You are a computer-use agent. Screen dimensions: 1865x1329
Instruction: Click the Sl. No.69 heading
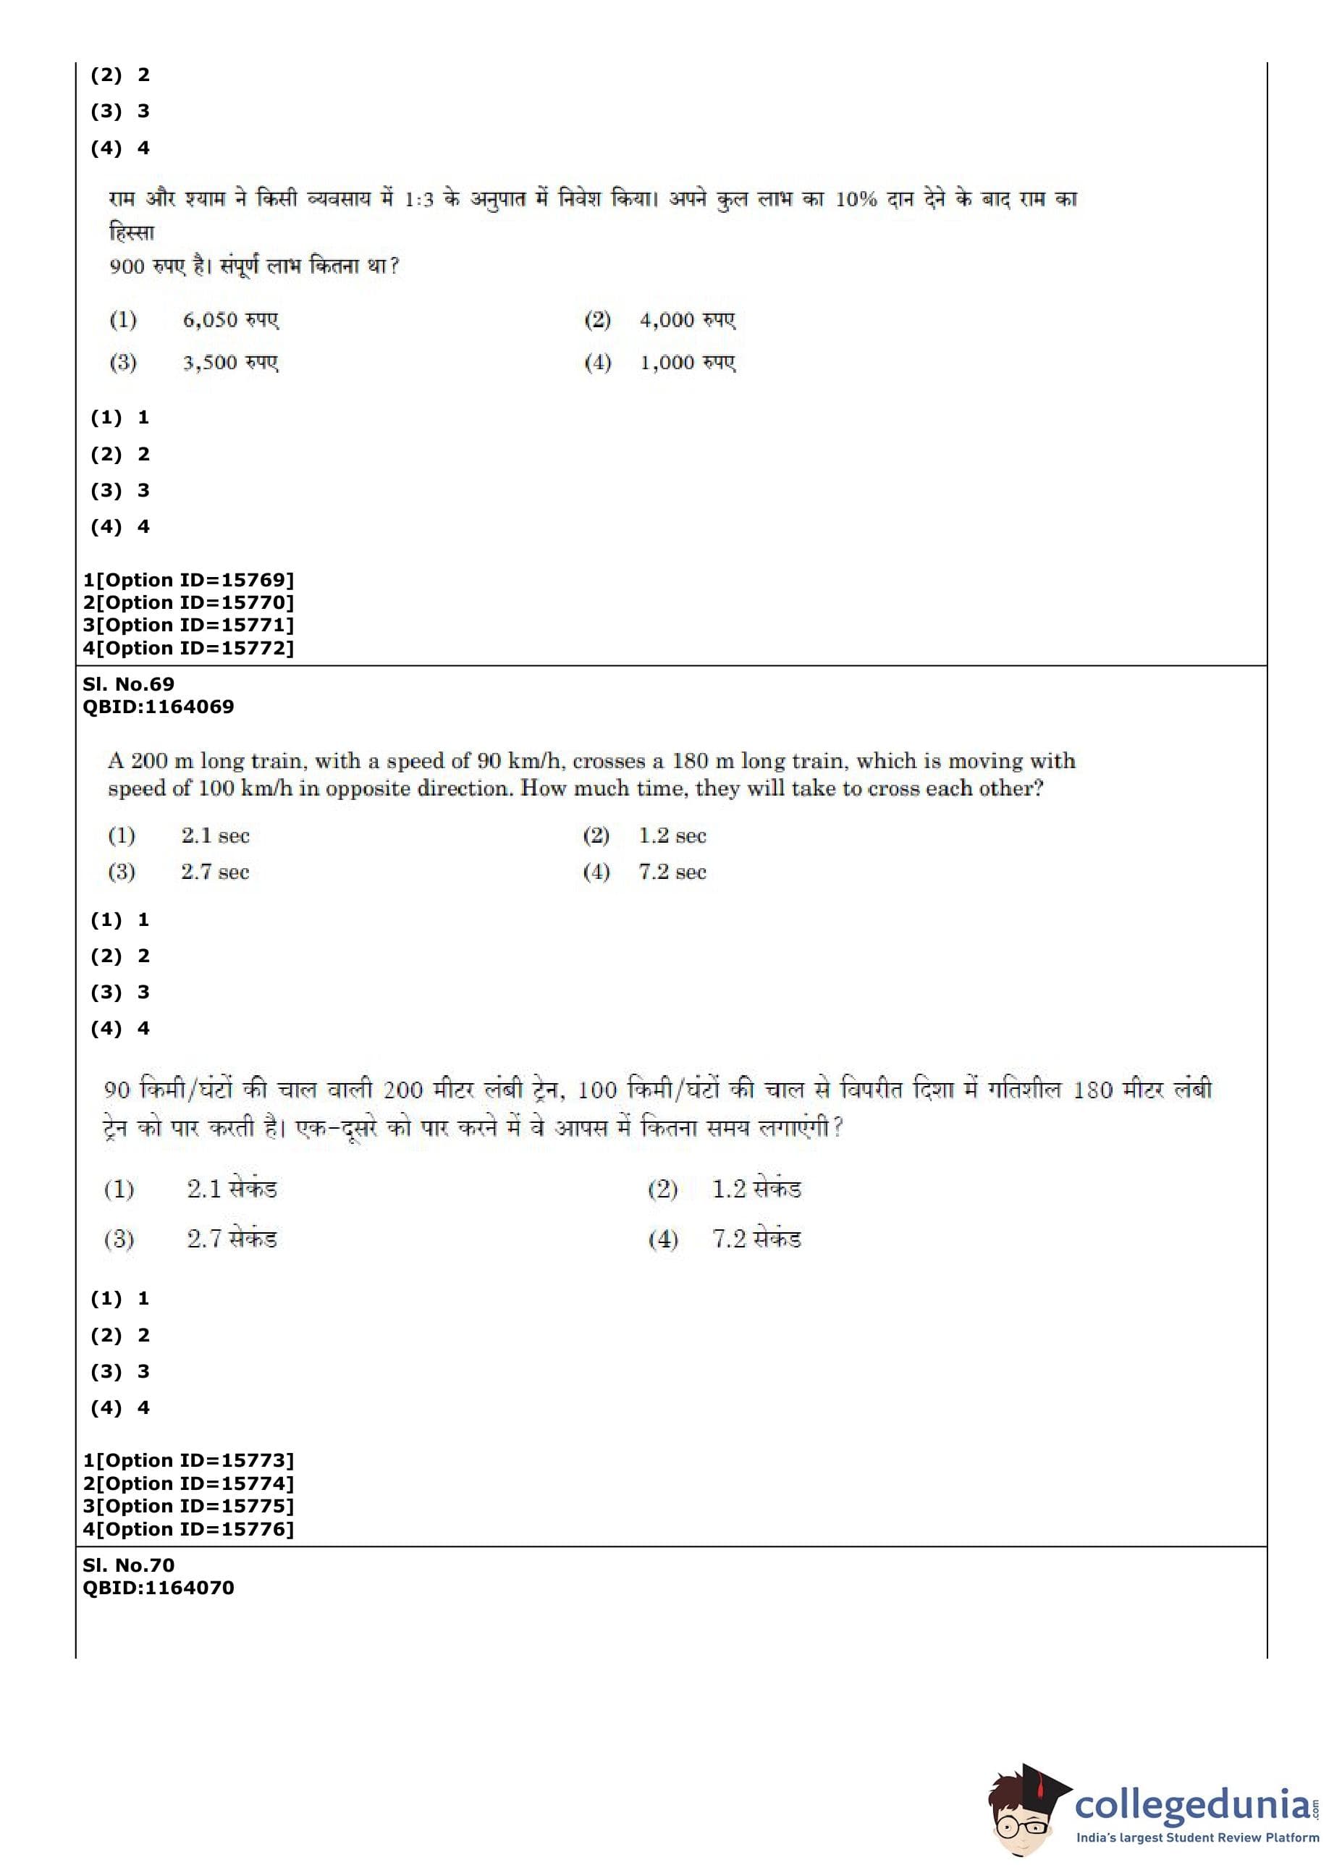point(128,684)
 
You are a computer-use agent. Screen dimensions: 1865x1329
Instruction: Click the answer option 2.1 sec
point(214,835)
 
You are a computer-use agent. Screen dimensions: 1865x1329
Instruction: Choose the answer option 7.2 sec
point(672,872)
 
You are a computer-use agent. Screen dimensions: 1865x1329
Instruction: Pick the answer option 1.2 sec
point(672,835)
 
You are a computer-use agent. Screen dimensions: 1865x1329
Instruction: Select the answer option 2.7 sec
point(214,872)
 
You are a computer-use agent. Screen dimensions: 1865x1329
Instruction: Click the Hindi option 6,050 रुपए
point(230,320)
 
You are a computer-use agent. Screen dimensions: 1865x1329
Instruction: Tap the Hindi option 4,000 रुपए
point(688,320)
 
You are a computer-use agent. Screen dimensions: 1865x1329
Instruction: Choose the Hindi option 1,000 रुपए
point(688,363)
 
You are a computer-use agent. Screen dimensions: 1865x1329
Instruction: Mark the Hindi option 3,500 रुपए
point(230,363)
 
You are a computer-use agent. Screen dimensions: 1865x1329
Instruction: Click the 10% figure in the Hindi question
point(855,199)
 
